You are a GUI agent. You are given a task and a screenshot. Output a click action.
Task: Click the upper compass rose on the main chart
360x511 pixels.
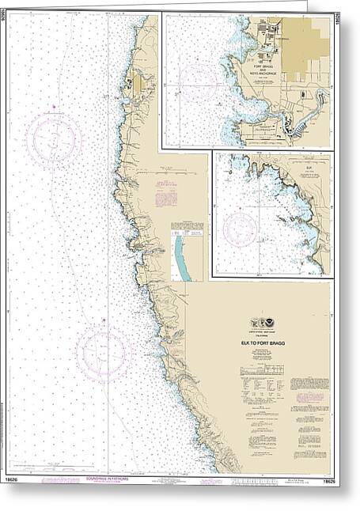click(54, 140)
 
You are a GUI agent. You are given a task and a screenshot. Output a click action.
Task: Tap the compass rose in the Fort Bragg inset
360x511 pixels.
click(199, 80)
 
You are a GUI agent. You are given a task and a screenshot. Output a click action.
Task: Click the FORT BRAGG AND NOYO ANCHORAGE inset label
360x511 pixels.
click(262, 58)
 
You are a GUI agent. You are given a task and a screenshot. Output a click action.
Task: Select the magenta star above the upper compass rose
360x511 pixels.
click(53, 107)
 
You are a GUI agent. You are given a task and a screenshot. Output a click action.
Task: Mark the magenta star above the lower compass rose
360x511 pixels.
click(103, 320)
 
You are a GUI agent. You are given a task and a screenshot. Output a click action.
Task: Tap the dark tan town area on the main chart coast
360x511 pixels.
click(138, 82)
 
